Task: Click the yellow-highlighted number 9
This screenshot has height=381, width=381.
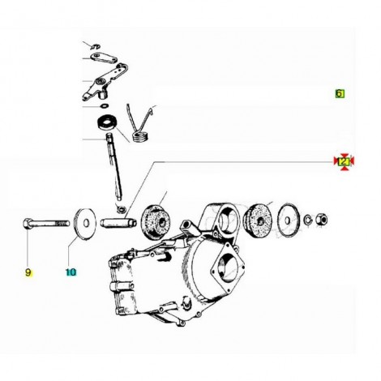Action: click(x=28, y=272)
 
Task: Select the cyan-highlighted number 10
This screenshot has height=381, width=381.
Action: click(x=71, y=272)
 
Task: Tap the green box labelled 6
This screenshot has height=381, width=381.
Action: click(x=340, y=93)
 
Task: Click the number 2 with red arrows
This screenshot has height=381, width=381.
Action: click(x=344, y=161)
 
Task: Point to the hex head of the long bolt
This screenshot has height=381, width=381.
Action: click(x=27, y=224)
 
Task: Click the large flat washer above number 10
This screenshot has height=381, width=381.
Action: click(x=85, y=223)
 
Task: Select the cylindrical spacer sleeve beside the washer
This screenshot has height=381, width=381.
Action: click(x=118, y=223)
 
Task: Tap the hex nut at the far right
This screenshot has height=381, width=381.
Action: click(x=322, y=220)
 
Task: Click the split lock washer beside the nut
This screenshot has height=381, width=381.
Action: click(x=308, y=220)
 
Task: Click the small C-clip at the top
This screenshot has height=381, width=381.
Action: click(x=95, y=46)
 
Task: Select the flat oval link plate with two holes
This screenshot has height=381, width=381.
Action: click(x=103, y=58)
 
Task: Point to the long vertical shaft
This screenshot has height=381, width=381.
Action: click(x=114, y=168)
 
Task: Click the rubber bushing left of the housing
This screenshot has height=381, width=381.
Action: click(x=155, y=221)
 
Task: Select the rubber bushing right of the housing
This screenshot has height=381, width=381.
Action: click(x=259, y=220)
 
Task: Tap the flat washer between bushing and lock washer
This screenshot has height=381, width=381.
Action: click(x=289, y=220)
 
